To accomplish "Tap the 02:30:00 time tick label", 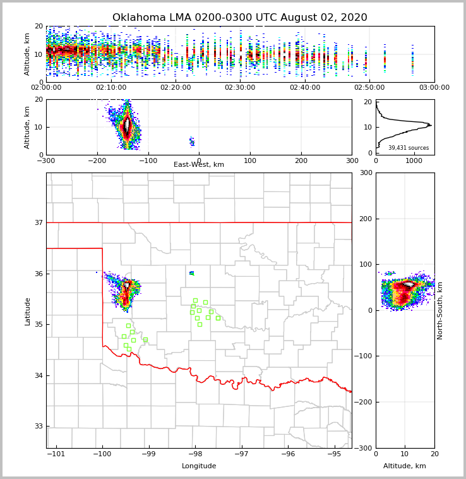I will click(240, 88).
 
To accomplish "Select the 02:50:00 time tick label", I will click(369, 88).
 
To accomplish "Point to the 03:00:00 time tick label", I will click(434, 88).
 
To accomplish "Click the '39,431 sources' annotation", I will click(408, 148).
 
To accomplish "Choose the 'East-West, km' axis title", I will click(199, 165).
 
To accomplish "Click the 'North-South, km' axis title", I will click(440, 310).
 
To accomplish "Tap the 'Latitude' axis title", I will click(28, 311).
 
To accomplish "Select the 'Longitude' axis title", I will click(199, 466).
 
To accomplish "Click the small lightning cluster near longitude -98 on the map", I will click(191, 273).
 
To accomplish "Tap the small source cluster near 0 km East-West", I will click(192, 142).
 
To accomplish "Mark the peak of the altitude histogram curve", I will click(430, 125).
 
